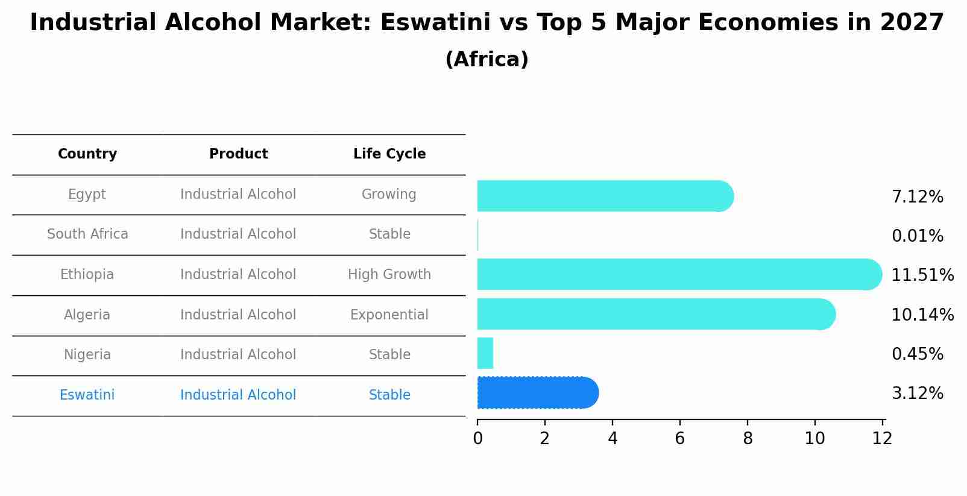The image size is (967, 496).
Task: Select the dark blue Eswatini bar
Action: pos(537,393)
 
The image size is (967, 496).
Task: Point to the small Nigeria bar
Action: pos(485,353)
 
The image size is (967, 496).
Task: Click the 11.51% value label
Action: pos(922,275)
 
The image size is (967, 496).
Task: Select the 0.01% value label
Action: pos(917,236)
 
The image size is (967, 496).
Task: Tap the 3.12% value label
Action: pos(917,394)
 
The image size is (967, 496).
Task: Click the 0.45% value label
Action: pos(917,354)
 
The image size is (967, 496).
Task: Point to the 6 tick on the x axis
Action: pos(680,439)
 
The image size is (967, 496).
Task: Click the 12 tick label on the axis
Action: pos(882,439)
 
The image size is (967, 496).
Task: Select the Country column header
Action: pos(87,154)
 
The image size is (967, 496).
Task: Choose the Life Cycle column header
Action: pos(389,154)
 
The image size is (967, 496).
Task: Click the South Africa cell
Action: pos(87,234)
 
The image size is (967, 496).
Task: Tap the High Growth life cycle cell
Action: pos(389,275)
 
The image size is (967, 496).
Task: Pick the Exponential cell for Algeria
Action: pos(389,315)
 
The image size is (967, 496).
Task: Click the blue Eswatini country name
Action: pos(87,395)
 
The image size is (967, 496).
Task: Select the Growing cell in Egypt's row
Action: pos(389,195)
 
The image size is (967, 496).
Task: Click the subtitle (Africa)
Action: pos(487,60)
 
